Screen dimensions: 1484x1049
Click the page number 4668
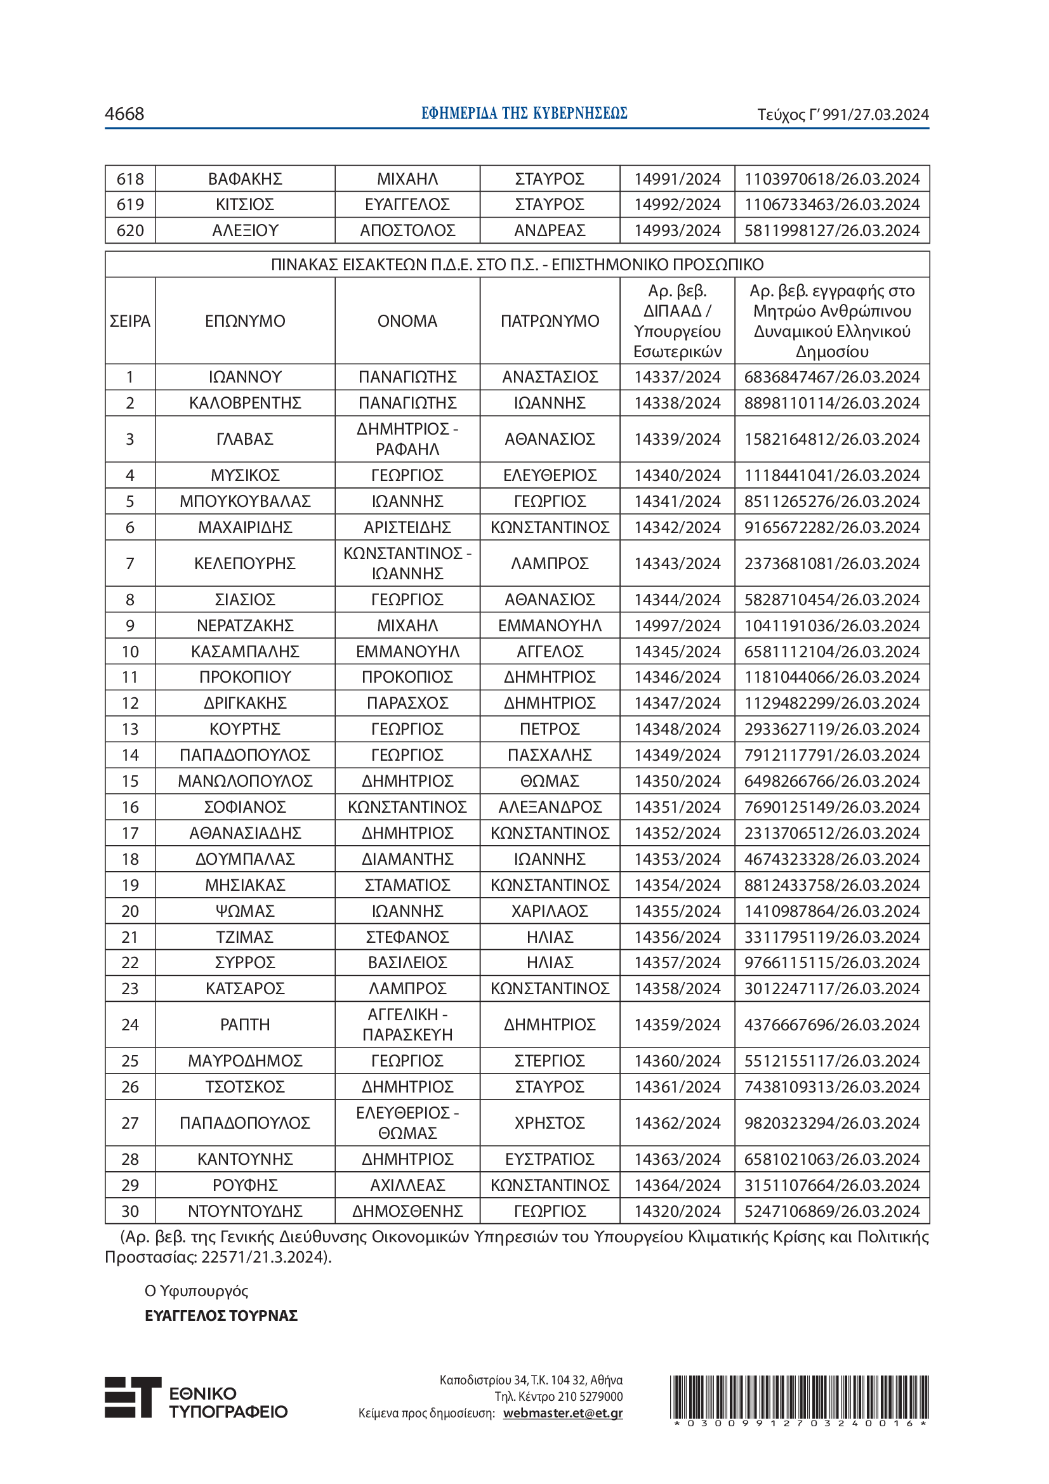coord(124,114)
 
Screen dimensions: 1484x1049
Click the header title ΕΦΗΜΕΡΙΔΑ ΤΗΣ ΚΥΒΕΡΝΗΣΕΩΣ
coord(524,113)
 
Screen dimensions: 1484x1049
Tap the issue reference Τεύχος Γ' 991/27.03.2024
coord(843,114)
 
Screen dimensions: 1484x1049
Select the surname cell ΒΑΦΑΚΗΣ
coord(245,179)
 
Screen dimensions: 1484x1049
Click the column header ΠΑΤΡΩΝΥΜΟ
coord(550,320)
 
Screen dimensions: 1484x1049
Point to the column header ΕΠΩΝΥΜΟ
coord(245,320)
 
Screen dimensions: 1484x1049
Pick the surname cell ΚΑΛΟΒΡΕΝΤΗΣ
coord(245,403)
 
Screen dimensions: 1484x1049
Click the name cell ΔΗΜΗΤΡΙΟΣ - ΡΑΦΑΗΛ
coord(407,439)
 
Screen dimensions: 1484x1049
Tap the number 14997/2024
coord(676,626)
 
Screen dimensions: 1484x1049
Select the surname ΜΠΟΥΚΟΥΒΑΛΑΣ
coord(245,501)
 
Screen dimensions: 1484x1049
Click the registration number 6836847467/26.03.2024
coord(832,377)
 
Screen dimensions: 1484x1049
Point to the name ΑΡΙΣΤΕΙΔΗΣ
coord(407,527)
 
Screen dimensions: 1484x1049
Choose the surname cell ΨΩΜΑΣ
coord(245,910)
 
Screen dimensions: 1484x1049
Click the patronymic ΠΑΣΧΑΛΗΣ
coord(550,755)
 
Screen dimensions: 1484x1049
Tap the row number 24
coord(130,1025)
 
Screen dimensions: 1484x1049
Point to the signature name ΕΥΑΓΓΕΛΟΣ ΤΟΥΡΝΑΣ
coord(221,1316)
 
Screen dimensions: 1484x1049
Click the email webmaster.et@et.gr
coord(562,1413)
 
